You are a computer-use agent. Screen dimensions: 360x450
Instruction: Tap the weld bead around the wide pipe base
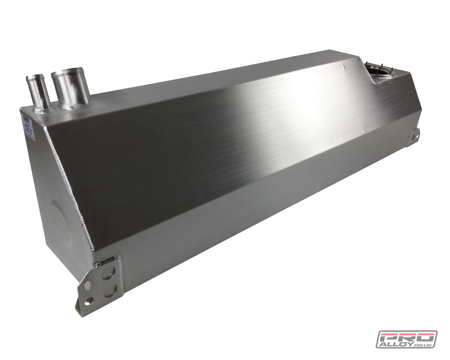pos(75,106)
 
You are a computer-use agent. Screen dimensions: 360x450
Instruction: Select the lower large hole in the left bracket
pos(110,291)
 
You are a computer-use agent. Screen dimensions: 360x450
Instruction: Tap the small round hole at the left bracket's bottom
pos(88,301)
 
